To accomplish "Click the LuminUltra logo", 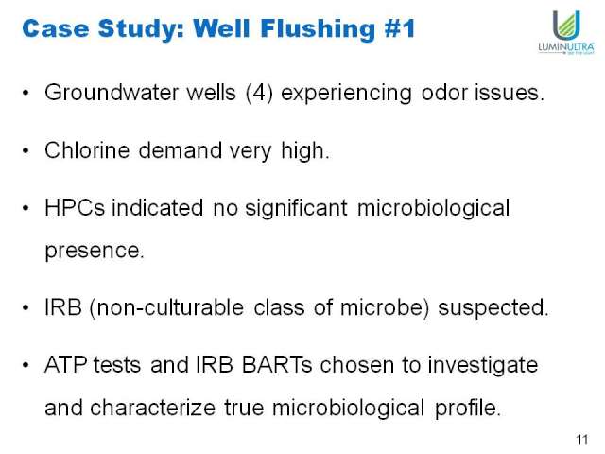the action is tap(566, 32).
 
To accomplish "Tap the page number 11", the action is tap(582, 439).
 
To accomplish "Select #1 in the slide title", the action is tap(399, 28).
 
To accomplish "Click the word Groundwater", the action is tap(112, 93).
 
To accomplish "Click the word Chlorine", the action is tap(87, 150).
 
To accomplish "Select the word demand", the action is tap(181, 150).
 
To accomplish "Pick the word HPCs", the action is tap(75, 208).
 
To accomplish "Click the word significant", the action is tap(296, 209).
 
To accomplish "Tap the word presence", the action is tap(95, 251).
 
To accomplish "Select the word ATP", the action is tap(65, 365).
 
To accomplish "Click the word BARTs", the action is tap(277, 365).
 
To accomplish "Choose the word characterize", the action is tap(152, 408).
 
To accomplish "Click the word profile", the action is tap(468, 409).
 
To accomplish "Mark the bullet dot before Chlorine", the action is tap(26, 150).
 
